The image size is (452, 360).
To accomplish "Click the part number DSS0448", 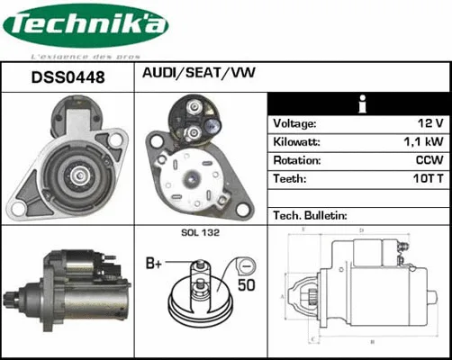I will (68, 77).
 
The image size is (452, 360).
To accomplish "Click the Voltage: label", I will (294, 123).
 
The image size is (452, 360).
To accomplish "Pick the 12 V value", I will (430, 123).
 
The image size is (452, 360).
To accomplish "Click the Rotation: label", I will (297, 160).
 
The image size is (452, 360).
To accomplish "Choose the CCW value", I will (429, 160).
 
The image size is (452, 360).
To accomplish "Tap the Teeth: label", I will (290, 179).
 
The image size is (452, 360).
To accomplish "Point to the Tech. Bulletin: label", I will (310, 216).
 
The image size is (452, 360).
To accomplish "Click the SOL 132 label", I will (200, 233).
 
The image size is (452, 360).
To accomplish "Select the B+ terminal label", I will (154, 264).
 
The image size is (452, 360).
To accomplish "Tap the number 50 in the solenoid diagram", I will (244, 284).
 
